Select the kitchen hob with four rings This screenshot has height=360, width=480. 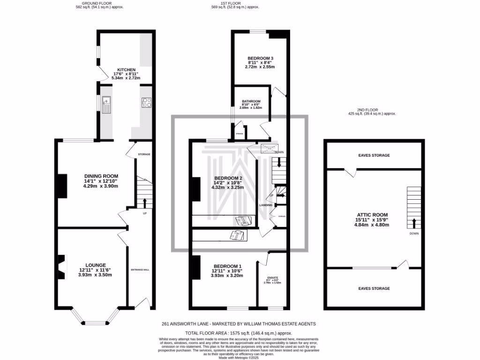coord(146,102)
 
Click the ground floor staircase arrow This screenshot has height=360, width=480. coord(144,202)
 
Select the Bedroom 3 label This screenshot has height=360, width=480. coord(260,58)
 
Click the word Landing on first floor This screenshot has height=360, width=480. coord(266,205)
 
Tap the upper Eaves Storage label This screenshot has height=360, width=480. coord(374,155)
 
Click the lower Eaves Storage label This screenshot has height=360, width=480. coord(374,288)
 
